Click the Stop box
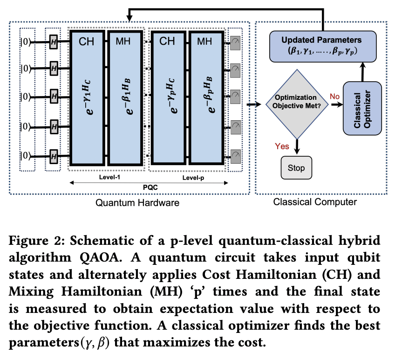coord(297,167)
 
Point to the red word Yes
coord(282,146)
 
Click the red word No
coord(334,96)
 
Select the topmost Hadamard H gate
coord(54,42)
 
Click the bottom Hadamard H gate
coord(54,155)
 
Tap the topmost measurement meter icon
coord(236,42)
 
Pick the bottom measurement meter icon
coord(236,155)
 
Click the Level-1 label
coord(110,178)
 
